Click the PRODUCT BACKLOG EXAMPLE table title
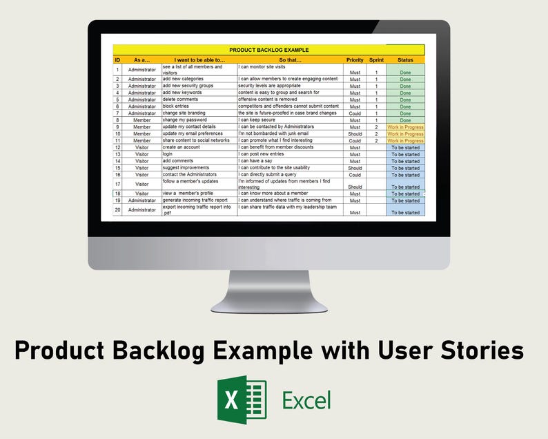268,50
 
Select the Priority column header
355,60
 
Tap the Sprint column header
376,60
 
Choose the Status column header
405,60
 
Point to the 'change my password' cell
184,120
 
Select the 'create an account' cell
181,147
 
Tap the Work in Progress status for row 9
405,127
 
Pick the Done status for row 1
405,72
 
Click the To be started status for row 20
405,212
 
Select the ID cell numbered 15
117,168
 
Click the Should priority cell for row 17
355,187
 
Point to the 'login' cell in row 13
169,154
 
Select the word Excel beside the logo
306,400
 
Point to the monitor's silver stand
268,290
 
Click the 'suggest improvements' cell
187,168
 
